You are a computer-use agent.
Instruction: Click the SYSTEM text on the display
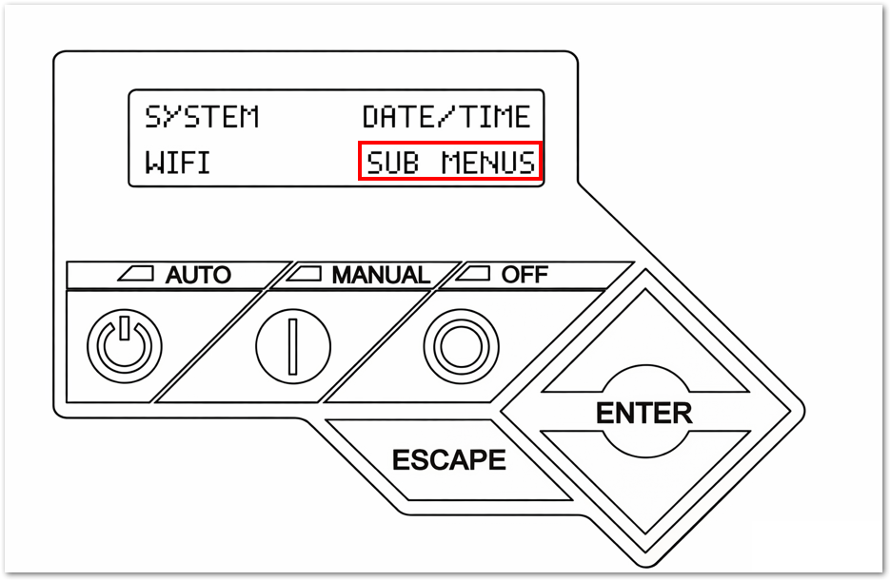pyautogui.click(x=202, y=117)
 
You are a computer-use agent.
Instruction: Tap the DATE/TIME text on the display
pyautogui.click(x=445, y=117)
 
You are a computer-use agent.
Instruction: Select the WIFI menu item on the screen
pyautogui.click(x=177, y=163)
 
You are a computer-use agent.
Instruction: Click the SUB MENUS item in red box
pyautogui.click(x=450, y=163)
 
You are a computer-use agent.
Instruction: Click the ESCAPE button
pyautogui.click(x=448, y=460)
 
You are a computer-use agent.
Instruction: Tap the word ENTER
pyautogui.click(x=643, y=414)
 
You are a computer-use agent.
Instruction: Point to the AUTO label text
pyautogui.click(x=198, y=276)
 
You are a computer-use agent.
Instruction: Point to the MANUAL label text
pyautogui.click(x=380, y=276)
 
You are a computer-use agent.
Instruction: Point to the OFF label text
pyautogui.click(x=525, y=275)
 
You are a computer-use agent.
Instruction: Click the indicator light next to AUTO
pyautogui.click(x=137, y=275)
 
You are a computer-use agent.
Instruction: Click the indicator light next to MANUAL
pyautogui.click(x=307, y=275)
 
